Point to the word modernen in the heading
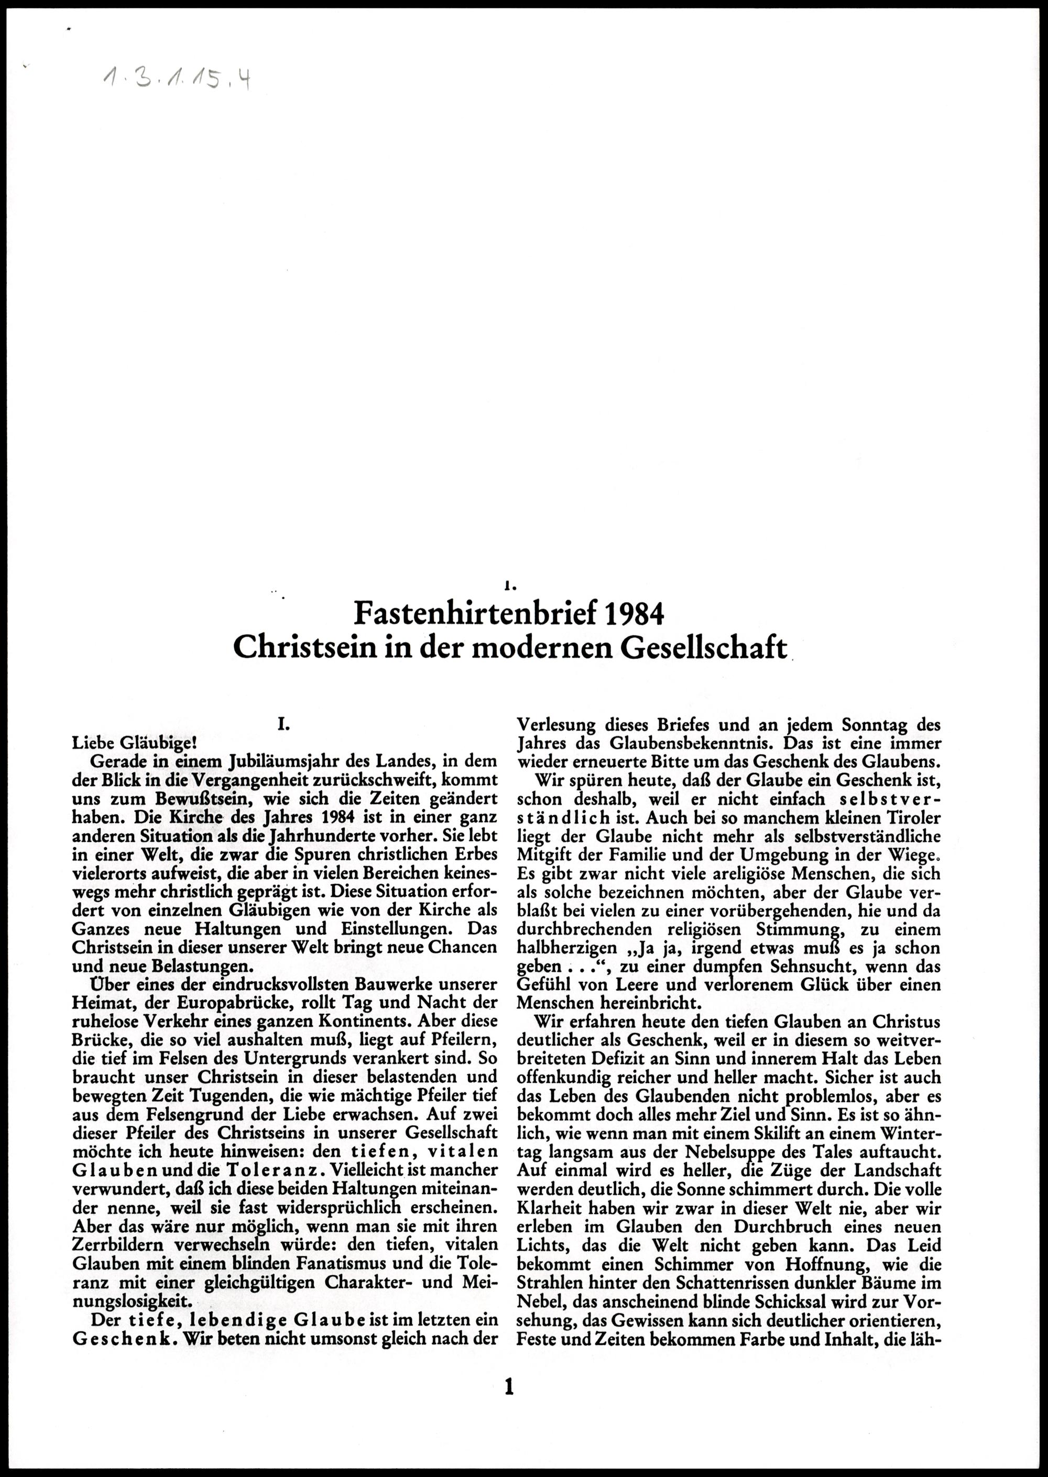542,647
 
